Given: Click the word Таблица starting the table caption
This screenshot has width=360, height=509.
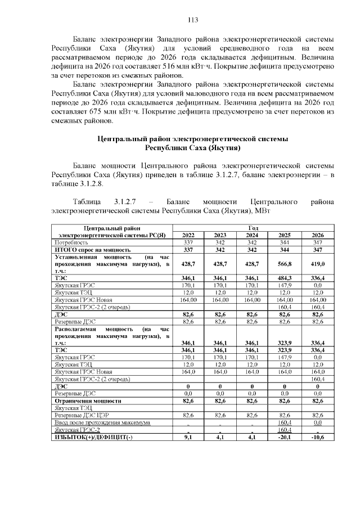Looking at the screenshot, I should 87,201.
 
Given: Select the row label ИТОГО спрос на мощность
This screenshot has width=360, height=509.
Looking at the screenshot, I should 92,249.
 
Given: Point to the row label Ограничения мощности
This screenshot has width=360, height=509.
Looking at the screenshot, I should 87,401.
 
